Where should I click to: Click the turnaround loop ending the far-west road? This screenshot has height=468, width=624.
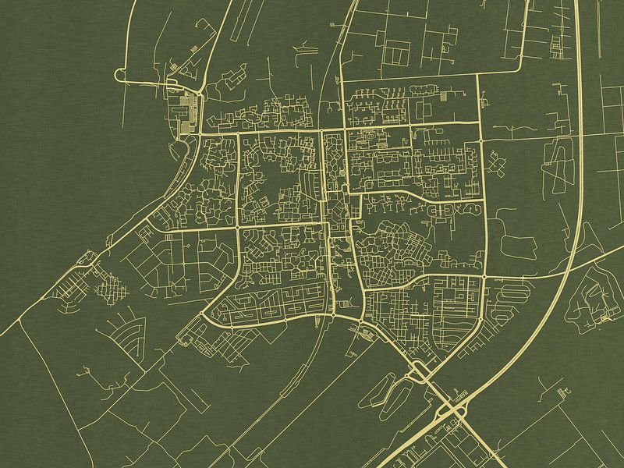(120, 75)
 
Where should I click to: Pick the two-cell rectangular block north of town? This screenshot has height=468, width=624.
(398, 53)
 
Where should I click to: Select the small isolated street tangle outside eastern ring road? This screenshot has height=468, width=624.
(496, 163)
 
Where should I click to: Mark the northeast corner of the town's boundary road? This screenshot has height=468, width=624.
(477, 75)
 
